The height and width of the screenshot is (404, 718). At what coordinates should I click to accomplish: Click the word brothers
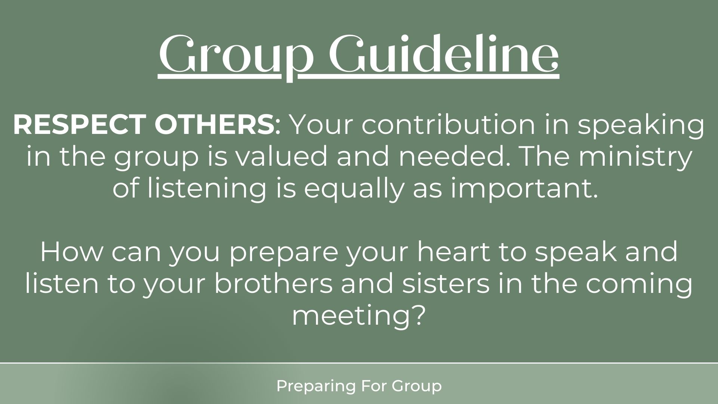coord(273,284)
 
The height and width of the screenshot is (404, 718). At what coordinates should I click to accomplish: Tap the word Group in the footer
coord(417,386)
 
